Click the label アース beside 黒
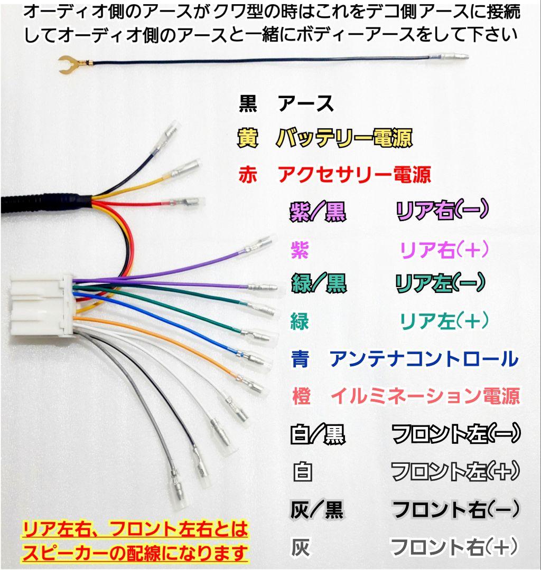click(306, 104)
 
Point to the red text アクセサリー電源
click(354, 174)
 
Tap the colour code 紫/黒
click(318, 212)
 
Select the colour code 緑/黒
click(319, 284)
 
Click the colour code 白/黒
click(318, 435)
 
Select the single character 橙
click(302, 396)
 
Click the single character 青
click(301, 359)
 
